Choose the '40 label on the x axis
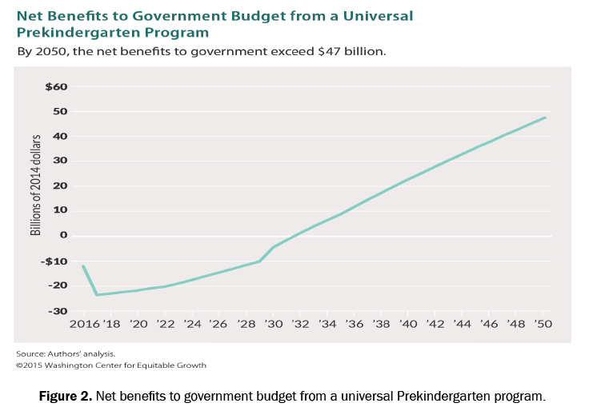[409, 325]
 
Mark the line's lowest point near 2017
[97, 295]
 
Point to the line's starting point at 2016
[82, 265]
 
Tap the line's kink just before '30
[259, 261]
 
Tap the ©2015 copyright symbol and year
[29, 365]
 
